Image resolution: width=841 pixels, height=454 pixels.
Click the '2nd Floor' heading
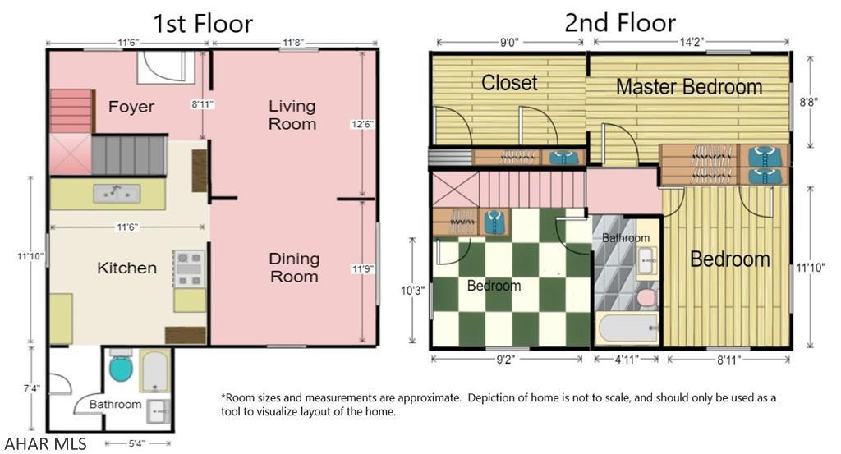coord(619,22)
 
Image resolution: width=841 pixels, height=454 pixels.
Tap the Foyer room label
coord(131,107)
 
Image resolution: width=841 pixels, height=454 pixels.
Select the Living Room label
coord(292,115)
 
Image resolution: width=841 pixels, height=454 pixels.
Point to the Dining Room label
coord(294,268)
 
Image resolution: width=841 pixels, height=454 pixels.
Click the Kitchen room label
coord(126,268)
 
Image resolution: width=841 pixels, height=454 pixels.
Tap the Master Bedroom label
coord(688,86)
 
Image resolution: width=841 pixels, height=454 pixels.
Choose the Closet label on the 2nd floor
coord(509,83)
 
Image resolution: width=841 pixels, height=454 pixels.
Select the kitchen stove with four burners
coord(189,268)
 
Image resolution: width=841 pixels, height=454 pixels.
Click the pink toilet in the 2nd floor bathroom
coord(647,296)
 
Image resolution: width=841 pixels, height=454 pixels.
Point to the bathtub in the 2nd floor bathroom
coord(627,329)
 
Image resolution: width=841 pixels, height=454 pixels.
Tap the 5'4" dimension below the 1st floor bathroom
coord(138,444)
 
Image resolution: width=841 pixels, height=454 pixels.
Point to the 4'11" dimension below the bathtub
coord(626,359)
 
